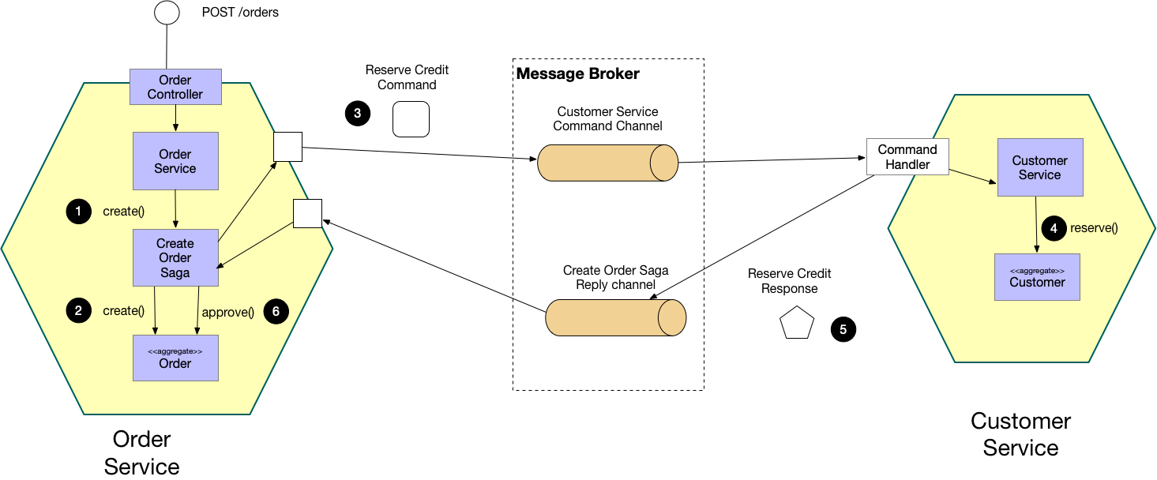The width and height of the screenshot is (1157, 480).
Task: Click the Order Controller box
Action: point(175,87)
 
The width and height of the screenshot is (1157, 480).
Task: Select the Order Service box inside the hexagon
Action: point(175,161)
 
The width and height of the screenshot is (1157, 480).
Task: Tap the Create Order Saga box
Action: point(175,257)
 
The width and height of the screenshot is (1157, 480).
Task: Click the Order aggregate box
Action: point(175,358)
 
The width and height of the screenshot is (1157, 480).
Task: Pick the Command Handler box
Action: point(907,157)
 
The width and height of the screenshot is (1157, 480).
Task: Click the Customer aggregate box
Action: point(1037,277)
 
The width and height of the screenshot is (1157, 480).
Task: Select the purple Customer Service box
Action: point(1039,167)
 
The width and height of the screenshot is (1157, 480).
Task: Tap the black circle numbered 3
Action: point(358,114)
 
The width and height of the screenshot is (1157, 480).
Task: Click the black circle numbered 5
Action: point(843,329)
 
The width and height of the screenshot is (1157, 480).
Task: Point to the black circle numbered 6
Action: point(276,311)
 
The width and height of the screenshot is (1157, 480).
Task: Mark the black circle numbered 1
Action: point(78,212)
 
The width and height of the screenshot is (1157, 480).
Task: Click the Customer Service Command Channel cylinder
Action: point(607,163)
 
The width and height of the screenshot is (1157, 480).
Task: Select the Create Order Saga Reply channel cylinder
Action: point(615,318)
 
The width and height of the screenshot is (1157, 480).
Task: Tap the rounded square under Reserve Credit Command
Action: point(411,119)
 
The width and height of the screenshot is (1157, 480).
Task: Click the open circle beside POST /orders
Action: point(167,13)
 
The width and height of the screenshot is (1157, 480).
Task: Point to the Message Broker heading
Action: point(577,74)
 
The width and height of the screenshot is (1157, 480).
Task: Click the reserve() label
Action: point(1094,228)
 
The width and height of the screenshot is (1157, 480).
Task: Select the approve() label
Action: point(227,312)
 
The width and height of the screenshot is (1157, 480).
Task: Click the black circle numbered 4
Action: point(1054,228)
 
